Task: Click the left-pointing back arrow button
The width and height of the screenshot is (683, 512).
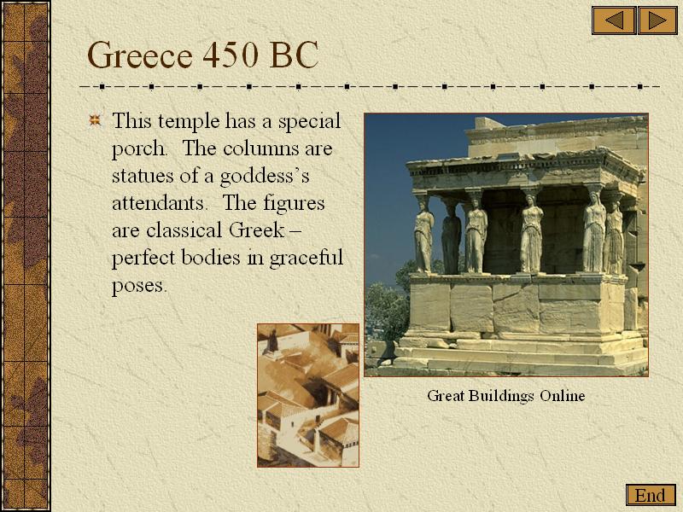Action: click(614, 20)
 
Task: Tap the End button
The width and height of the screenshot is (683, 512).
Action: click(651, 496)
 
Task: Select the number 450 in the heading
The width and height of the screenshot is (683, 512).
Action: click(230, 55)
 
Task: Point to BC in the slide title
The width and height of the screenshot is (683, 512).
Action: click(295, 55)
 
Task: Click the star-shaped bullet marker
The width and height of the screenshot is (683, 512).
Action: click(95, 119)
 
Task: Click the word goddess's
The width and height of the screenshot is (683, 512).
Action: click(265, 177)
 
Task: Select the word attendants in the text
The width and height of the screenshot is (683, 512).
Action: click(158, 203)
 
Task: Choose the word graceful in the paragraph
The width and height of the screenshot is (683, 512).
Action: click(306, 259)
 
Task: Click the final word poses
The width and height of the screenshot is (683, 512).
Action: click(139, 287)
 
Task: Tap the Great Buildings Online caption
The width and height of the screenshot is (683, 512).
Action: click(505, 396)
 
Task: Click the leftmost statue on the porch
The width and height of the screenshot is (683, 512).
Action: click(423, 236)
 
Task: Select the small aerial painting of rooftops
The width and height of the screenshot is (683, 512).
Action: click(308, 395)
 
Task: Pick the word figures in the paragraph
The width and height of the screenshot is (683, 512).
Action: click(294, 204)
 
